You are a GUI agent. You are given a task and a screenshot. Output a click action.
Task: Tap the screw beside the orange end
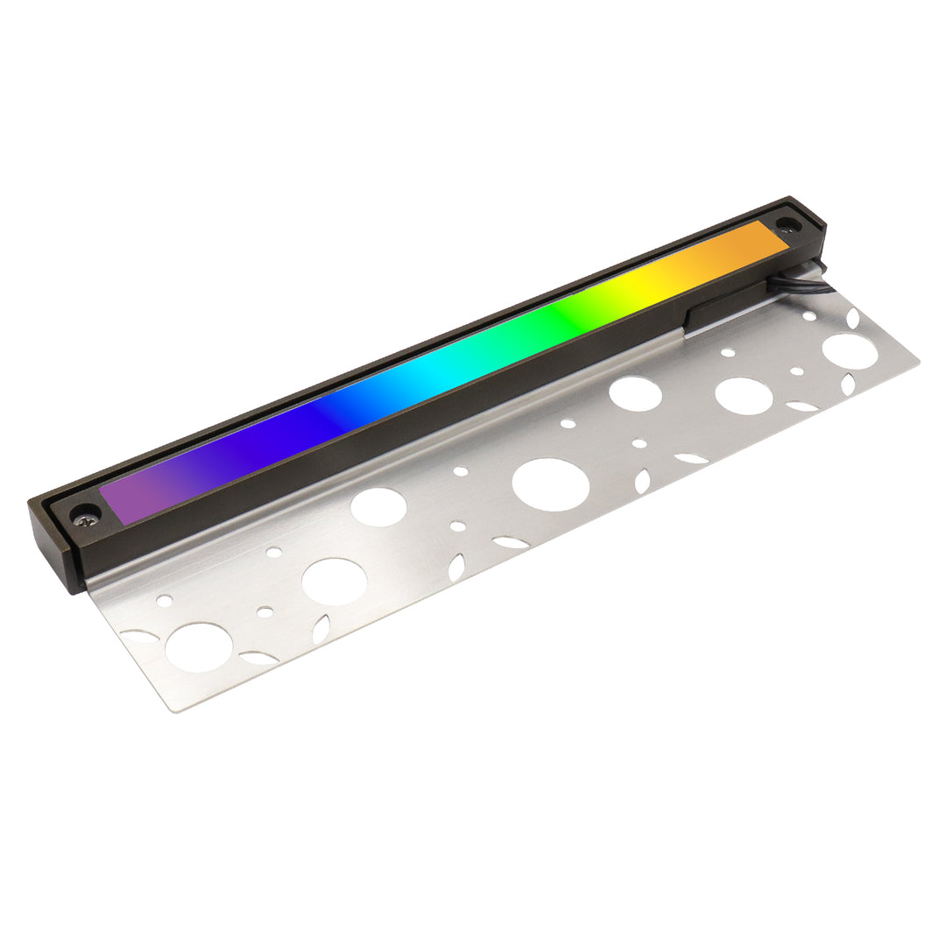(x=787, y=224)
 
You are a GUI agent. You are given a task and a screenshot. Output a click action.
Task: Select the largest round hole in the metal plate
(x=550, y=484)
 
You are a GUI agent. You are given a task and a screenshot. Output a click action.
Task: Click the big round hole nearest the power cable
(x=849, y=350)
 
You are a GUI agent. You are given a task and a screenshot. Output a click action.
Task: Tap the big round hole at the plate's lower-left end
(x=199, y=647)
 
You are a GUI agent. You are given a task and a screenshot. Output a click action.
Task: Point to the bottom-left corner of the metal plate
(x=176, y=708)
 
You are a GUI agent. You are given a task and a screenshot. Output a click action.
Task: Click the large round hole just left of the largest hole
(x=378, y=507)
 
